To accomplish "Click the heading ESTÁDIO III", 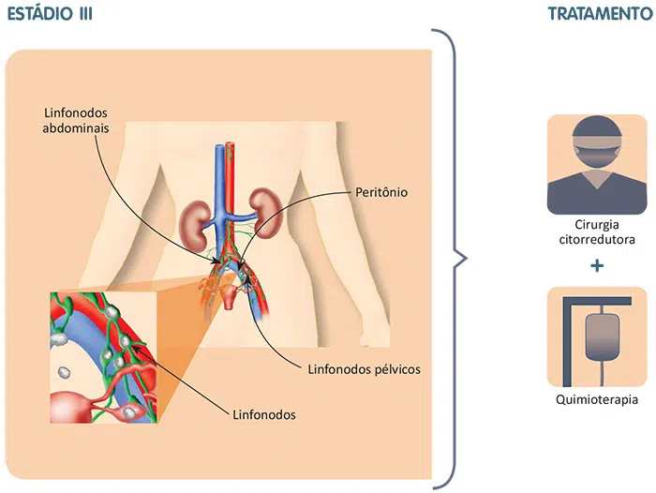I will (x=50, y=14).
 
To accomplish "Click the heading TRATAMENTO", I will (x=601, y=14).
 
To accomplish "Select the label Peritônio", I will (x=379, y=192).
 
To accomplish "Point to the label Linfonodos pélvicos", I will (x=365, y=368).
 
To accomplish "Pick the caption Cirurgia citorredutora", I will (x=596, y=232).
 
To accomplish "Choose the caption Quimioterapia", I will (x=596, y=399).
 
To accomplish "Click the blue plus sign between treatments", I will (x=597, y=266).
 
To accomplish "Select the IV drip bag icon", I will (x=597, y=336).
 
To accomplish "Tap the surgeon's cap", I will (x=597, y=127).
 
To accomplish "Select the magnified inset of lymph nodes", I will (x=97, y=357).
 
